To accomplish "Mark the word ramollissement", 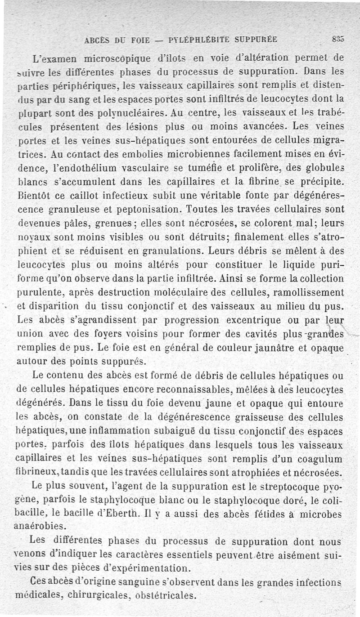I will pyautogui.click(x=305, y=292).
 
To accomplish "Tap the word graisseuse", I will pyautogui.click(x=261, y=418).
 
